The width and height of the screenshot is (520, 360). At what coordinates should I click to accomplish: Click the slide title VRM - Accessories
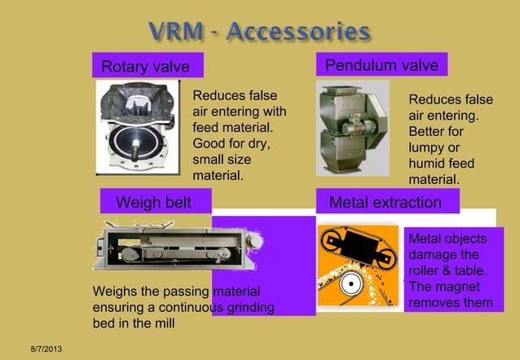pos(260,32)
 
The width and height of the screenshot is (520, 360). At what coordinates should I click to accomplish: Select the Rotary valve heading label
pos(145,66)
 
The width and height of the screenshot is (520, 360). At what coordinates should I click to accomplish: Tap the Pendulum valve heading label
pos(381,65)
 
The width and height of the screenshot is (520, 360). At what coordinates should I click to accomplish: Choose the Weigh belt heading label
pos(153,202)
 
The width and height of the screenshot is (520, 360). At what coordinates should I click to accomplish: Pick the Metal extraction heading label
pos(385,202)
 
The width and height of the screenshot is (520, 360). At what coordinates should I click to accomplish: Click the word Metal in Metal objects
pos(425,239)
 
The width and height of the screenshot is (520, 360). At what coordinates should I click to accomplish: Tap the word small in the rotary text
pos(209,160)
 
